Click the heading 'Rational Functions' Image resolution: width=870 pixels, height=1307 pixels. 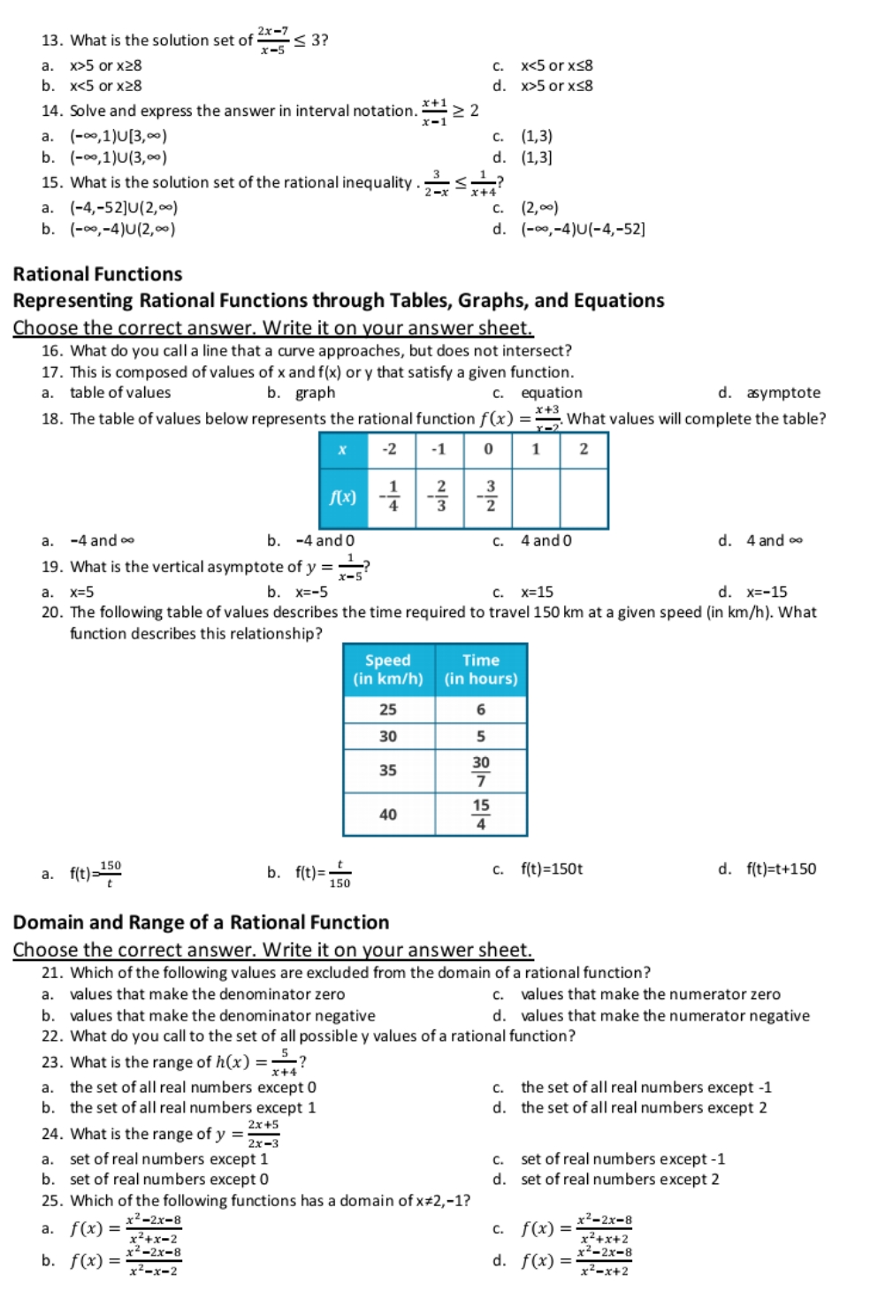point(97,274)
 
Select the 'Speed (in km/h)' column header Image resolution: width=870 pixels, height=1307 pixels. point(388,669)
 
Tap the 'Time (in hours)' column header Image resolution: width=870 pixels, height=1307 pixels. point(481,669)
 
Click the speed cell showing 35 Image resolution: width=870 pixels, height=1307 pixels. point(388,770)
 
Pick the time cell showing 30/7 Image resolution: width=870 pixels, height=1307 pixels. point(481,770)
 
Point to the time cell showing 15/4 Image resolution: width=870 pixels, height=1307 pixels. point(481,814)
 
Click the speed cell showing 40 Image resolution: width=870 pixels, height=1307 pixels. point(388,814)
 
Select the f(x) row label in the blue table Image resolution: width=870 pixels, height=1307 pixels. point(343,497)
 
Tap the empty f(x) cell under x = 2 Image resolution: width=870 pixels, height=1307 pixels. point(584,497)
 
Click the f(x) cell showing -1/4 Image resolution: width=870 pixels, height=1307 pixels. point(390,497)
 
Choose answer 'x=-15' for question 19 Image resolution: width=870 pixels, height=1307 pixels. point(767,592)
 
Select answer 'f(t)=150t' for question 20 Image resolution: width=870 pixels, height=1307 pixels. point(552,869)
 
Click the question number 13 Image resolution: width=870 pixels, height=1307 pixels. point(50,41)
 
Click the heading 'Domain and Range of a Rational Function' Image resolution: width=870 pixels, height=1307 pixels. point(201,922)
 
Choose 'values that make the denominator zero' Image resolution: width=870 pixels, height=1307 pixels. point(207,994)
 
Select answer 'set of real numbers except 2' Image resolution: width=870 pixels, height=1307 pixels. point(619,1179)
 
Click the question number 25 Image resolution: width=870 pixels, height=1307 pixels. point(50,1201)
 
